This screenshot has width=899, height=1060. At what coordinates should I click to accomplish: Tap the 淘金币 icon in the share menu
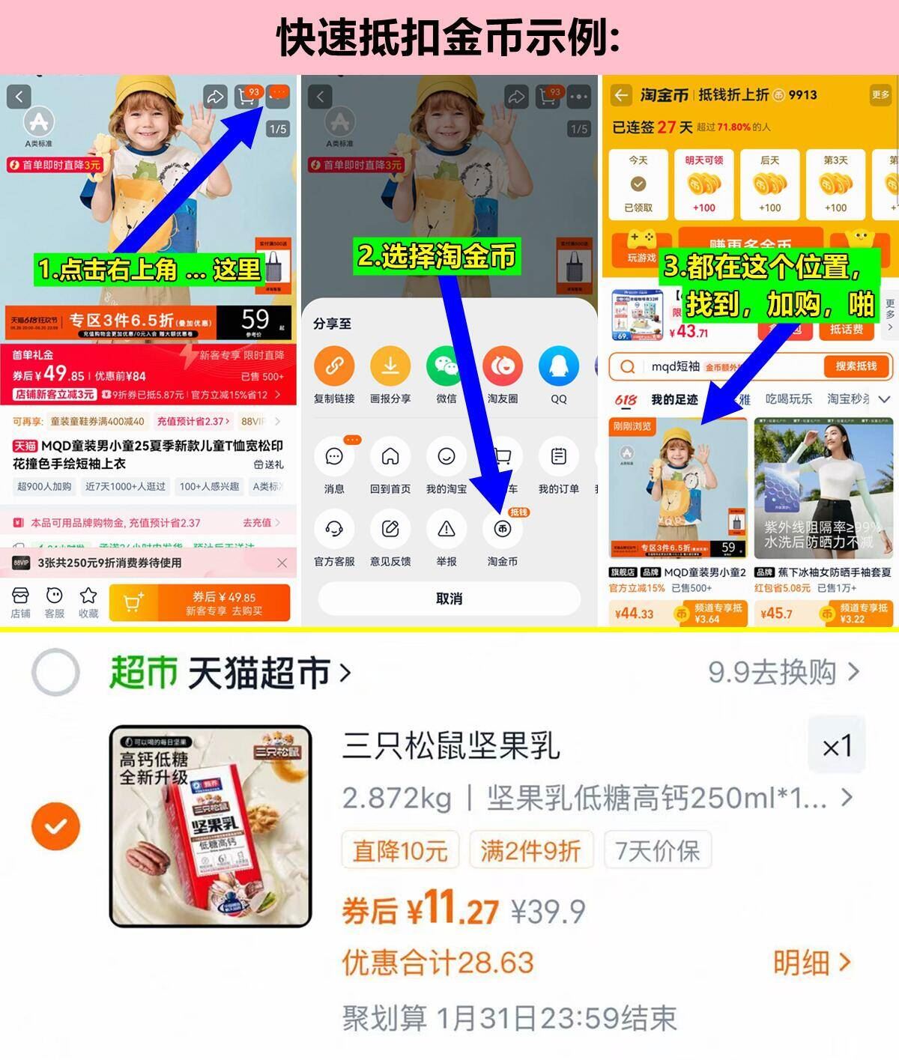tap(502, 530)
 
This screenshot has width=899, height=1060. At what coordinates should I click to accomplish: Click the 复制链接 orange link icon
tap(334, 366)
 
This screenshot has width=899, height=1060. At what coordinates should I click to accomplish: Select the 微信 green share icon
tap(447, 366)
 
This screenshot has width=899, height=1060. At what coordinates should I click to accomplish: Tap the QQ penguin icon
tap(558, 366)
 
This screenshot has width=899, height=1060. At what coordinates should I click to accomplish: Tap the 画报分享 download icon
tap(390, 366)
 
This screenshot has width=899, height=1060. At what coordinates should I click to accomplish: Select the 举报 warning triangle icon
tap(447, 530)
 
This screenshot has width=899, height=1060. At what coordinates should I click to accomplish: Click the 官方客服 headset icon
tap(334, 530)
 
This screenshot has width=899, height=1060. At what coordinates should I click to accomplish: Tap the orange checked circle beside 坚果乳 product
tap(55, 826)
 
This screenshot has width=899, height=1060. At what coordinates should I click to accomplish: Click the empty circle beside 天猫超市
tap(55, 672)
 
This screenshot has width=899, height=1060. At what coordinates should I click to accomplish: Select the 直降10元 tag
tap(400, 851)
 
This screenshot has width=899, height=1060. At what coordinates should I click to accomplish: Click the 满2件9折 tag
tap(530, 851)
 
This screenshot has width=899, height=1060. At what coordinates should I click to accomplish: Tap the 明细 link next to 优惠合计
tap(812, 963)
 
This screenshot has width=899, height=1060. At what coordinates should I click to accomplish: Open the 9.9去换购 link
tap(783, 672)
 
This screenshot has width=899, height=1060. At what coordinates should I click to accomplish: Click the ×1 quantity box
tap(836, 746)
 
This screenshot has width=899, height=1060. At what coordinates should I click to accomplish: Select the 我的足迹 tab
tap(674, 399)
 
